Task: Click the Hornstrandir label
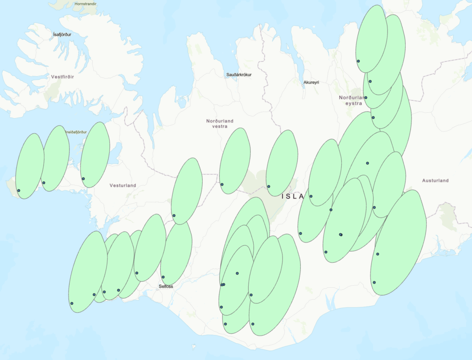click(x=85, y=4)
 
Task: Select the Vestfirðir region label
click(x=62, y=77)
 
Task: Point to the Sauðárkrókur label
click(x=239, y=75)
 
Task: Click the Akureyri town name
click(x=311, y=82)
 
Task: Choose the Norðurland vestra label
click(x=220, y=123)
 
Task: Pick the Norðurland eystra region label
click(x=351, y=100)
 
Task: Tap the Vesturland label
click(x=123, y=185)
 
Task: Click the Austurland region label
click(x=435, y=180)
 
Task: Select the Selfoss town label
click(x=166, y=286)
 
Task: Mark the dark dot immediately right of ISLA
click(x=311, y=196)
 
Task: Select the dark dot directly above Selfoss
click(x=163, y=277)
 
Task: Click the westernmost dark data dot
click(x=19, y=191)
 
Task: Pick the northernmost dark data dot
click(x=358, y=61)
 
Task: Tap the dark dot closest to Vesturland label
click(x=83, y=179)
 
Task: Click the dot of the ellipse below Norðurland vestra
click(x=222, y=184)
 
